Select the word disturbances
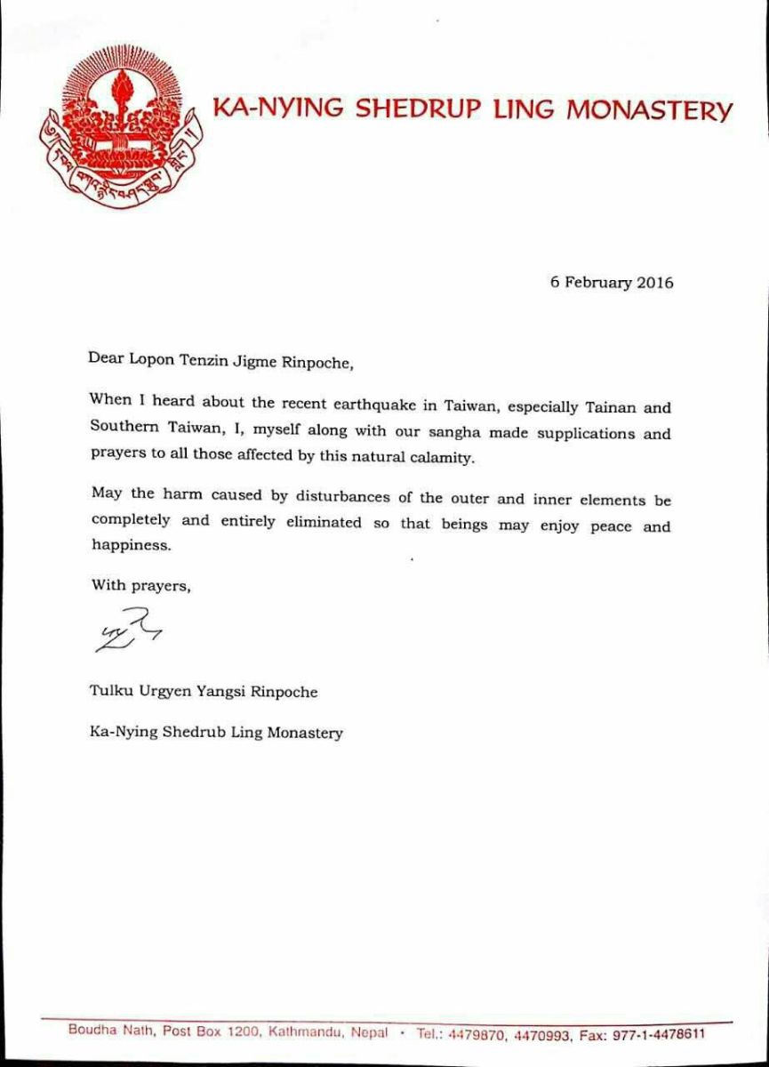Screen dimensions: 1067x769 point(344,497)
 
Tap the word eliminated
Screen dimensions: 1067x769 point(323,523)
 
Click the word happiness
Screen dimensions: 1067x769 point(130,546)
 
